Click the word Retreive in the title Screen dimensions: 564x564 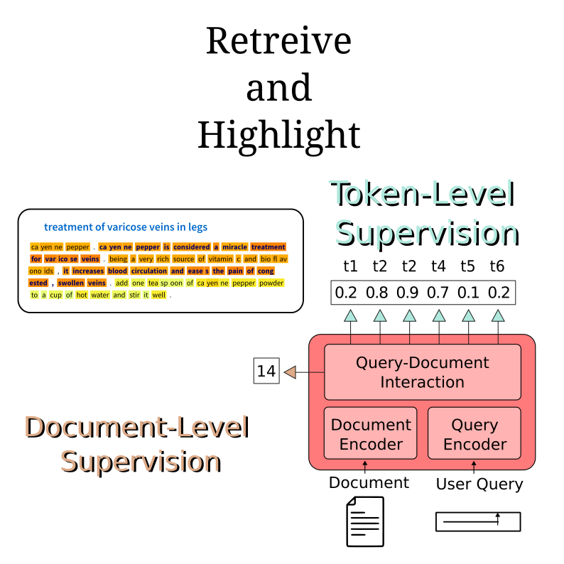pos(278,41)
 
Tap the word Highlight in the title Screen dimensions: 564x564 pos(278,134)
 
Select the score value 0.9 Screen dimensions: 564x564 pos(409,292)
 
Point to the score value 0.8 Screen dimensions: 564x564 pos(379,292)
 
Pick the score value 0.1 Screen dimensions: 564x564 pos(467,292)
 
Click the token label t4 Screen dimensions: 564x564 pos(439,266)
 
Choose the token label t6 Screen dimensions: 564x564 pos(497,266)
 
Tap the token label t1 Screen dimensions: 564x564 pos(350,266)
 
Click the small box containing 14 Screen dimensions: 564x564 pos(266,371)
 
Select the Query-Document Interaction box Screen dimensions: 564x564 pos(422,372)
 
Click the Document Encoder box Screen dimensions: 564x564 pos(371,435)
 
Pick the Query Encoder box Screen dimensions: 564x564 pos(474,435)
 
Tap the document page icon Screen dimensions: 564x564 pos(364,521)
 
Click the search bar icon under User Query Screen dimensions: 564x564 pos(478,521)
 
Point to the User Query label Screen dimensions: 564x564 pos(479,484)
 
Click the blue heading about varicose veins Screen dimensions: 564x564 pos(126,227)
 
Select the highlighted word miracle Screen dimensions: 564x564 pos(234,247)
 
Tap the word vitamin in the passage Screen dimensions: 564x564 pos(220,259)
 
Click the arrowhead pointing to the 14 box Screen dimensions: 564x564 pos(289,372)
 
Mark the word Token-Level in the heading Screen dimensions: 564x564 pos(423,195)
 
